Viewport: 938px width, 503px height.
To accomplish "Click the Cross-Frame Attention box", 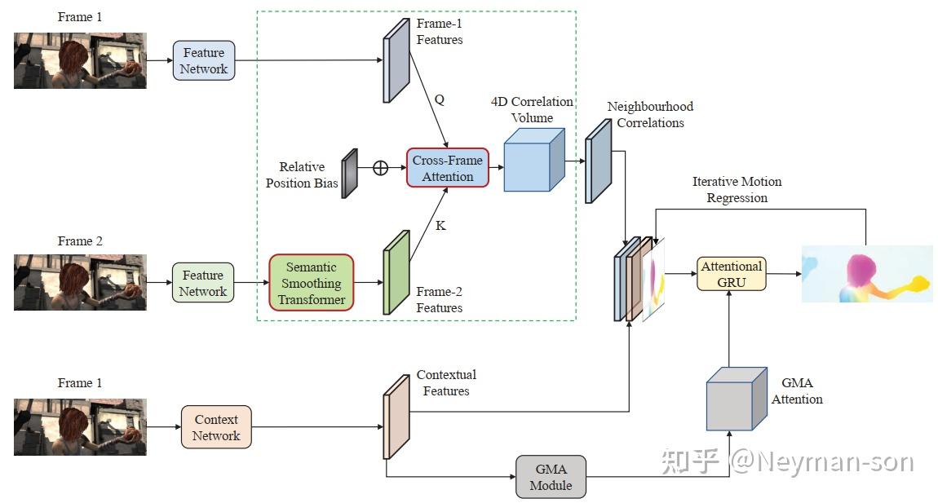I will [x=447, y=168].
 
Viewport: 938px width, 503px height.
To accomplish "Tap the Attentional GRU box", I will [x=731, y=274].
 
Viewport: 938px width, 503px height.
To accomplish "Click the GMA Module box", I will [x=551, y=477].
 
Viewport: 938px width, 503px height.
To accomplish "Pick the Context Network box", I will [x=216, y=427].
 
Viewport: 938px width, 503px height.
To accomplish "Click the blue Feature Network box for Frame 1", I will [x=204, y=61].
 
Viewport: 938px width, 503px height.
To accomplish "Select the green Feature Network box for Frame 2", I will [x=203, y=283].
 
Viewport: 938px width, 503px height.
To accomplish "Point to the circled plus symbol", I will [x=380, y=168].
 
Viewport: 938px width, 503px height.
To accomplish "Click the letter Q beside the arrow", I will [x=439, y=99].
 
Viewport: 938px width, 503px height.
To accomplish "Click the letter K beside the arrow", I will [x=440, y=225].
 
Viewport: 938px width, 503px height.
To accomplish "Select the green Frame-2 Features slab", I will [x=396, y=271].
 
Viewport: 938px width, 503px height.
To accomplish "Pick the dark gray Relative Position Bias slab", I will [x=350, y=173].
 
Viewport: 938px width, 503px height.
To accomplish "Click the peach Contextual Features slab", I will [x=396, y=417].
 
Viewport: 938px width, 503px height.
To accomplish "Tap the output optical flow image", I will [x=866, y=273].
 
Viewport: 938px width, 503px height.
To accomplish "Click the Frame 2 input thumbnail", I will [x=80, y=282].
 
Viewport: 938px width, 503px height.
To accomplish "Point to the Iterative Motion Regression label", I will [x=737, y=189].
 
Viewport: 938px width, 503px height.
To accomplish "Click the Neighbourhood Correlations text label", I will [x=649, y=115].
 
